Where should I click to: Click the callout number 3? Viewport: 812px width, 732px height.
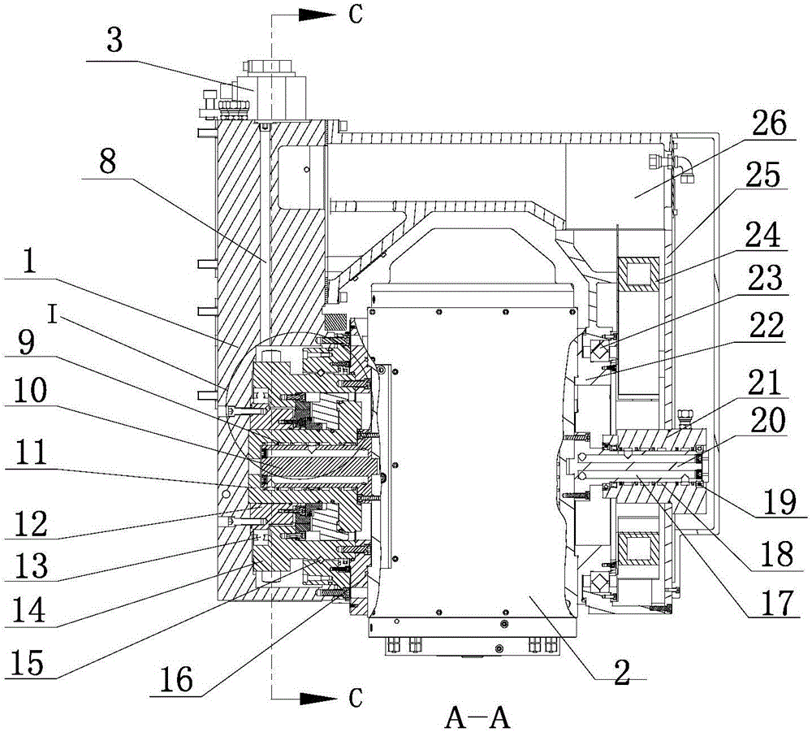(x=116, y=41)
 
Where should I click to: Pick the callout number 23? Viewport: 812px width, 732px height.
(x=767, y=281)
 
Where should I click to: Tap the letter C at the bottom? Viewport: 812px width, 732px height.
(x=355, y=696)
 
